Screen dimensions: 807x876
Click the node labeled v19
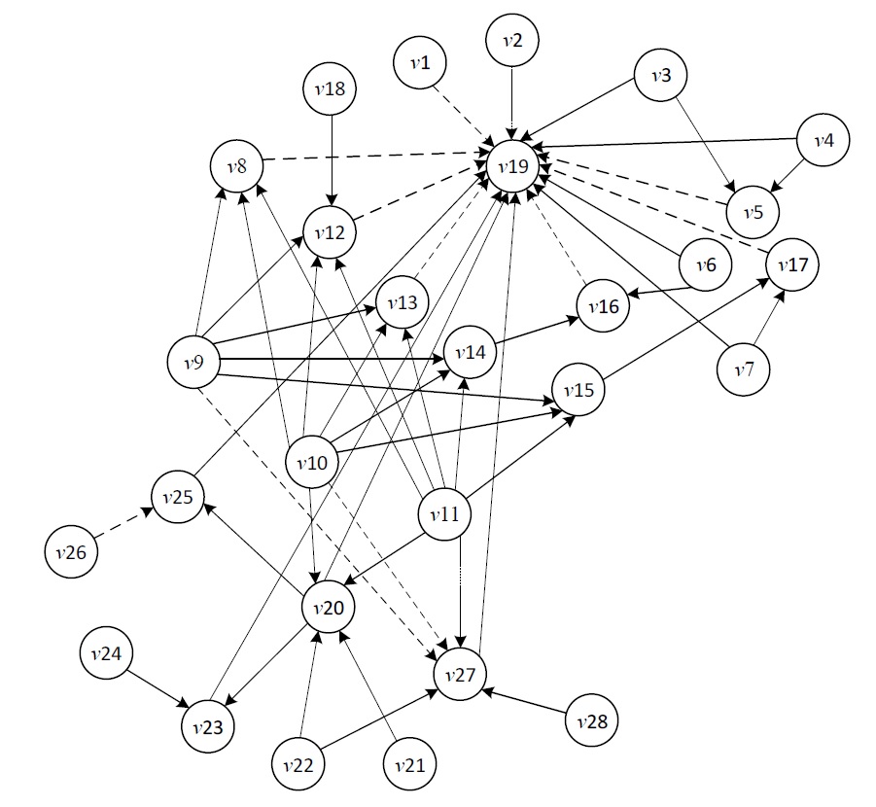point(512,166)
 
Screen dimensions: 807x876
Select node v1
point(420,64)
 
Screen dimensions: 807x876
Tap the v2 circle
point(513,41)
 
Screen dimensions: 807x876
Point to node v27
point(459,675)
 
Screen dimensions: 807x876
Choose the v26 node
point(70,552)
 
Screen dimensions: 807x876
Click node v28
point(591,721)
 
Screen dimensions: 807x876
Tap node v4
point(823,140)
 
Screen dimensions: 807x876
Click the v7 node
point(745,369)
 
